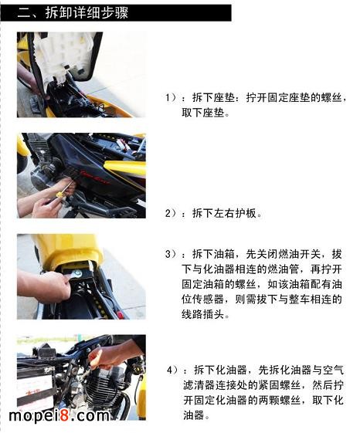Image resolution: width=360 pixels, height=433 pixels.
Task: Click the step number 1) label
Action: coord(172,98)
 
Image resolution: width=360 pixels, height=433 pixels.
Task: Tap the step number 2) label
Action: coord(173,212)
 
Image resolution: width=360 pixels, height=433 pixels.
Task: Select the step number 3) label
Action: coord(172,254)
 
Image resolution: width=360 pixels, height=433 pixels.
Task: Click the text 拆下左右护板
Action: coord(225,212)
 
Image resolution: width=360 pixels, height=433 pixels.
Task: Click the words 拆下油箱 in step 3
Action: coord(216,254)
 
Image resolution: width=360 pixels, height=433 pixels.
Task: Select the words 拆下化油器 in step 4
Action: coord(225,370)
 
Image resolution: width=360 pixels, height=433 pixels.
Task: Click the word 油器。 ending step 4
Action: coord(197,414)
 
